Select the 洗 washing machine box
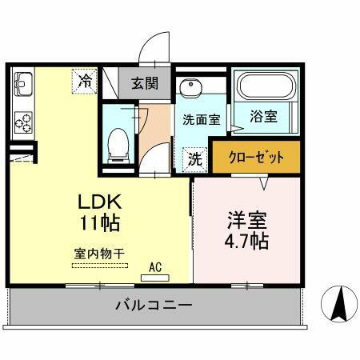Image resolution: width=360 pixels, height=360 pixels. pyautogui.click(x=194, y=158)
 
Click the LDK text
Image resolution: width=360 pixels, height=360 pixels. pyautogui.click(x=99, y=200)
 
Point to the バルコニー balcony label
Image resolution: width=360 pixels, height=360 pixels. pyautogui.click(x=152, y=306)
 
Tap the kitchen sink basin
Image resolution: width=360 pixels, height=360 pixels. pyautogui.click(x=22, y=83)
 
